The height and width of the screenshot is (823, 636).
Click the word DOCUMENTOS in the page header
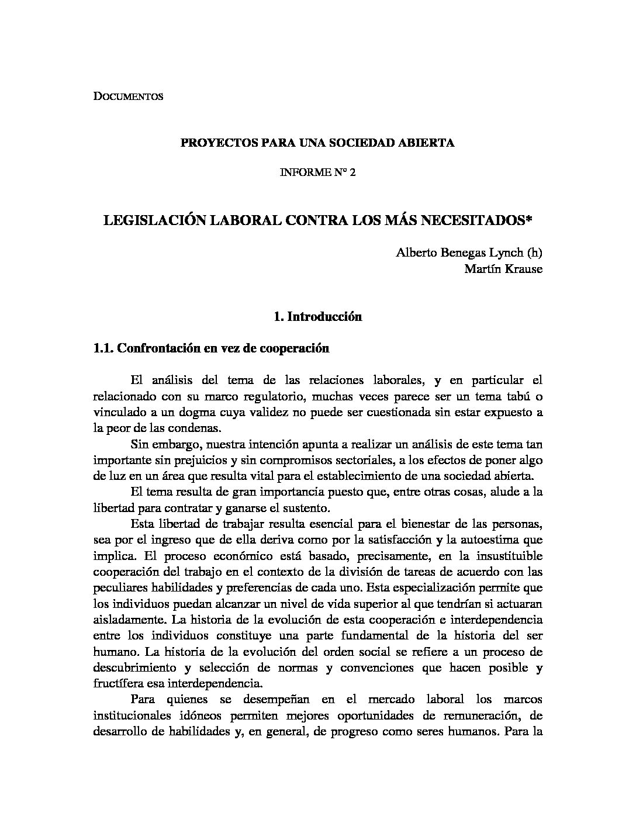128,96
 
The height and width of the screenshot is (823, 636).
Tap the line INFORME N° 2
318,173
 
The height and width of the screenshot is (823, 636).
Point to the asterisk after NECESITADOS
530,220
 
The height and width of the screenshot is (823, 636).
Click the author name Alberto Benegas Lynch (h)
469,253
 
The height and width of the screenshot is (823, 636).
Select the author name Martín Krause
503,269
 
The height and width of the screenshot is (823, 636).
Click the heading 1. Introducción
318,317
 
